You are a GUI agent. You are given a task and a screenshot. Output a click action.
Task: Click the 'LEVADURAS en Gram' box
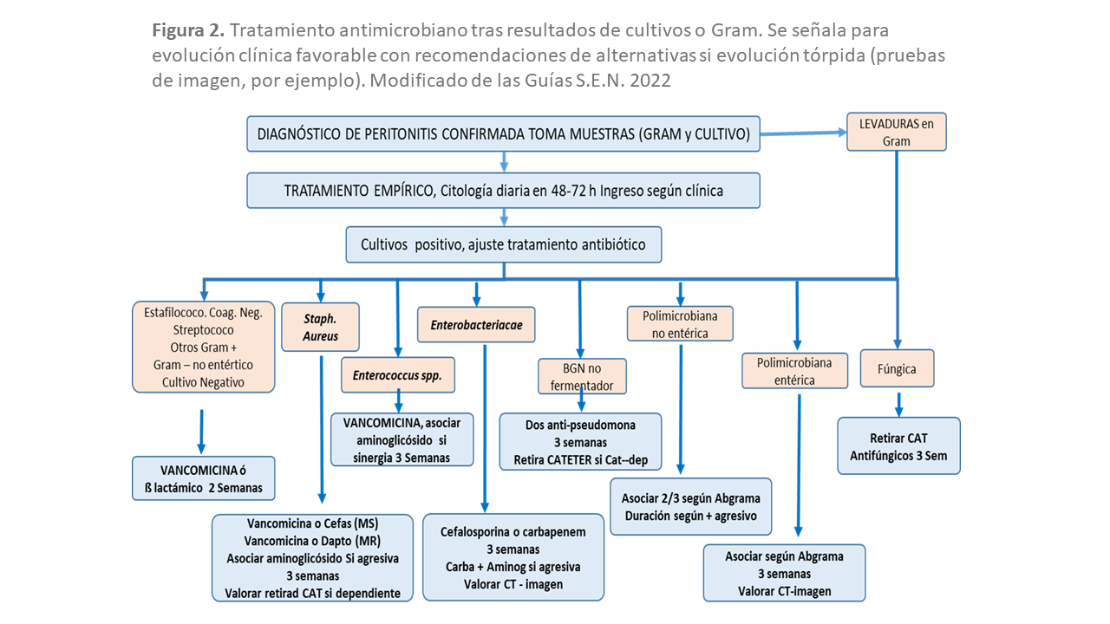click(x=896, y=132)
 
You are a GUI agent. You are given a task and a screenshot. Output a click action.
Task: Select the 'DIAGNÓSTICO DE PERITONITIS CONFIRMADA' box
click(x=503, y=134)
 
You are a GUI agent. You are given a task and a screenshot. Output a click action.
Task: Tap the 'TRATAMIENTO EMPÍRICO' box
click(x=503, y=191)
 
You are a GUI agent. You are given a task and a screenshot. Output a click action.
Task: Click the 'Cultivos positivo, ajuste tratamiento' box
click(x=503, y=244)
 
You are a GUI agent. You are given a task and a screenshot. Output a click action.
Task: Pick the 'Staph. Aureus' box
click(x=321, y=326)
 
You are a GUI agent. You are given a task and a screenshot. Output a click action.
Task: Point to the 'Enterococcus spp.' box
click(x=398, y=375)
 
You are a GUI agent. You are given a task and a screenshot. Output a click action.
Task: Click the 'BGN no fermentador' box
click(x=581, y=376)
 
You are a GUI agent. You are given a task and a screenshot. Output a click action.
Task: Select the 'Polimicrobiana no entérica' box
click(x=681, y=324)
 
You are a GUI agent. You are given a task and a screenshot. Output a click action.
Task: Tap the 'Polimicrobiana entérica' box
click(x=794, y=371)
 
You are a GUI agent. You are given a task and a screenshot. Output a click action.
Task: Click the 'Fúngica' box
click(x=896, y=368)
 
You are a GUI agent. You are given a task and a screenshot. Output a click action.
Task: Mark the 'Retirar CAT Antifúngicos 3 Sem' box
click(x=898, y=446)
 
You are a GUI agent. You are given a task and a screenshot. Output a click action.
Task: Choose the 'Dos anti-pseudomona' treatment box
click(x=580, y=442)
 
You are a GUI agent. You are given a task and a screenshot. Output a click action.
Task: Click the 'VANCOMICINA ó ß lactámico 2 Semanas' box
click(x=203, y=478)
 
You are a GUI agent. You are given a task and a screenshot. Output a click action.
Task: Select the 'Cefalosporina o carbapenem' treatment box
click(x=513, y=557)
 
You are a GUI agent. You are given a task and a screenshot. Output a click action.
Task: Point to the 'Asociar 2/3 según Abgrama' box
click(x=690, y=507)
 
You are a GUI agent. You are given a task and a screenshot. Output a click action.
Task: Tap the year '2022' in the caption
click(x=650, y=80)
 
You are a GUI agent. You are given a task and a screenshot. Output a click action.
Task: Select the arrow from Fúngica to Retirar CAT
click(x=898, y=403)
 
